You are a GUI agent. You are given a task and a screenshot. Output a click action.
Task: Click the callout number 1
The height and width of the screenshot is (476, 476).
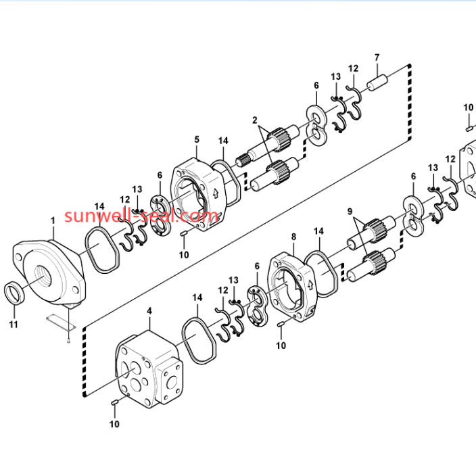click(x=53, y=220)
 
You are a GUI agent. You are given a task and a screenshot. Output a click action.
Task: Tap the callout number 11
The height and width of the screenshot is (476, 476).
click(x=14, y=325)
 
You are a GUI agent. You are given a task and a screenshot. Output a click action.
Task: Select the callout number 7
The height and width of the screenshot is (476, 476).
click(x=377, y=57)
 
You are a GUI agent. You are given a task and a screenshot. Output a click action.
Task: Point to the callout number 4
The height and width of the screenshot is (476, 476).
click(x=149, y=311)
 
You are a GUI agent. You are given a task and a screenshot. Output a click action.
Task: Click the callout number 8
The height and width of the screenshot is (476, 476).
click(x=293, y=237)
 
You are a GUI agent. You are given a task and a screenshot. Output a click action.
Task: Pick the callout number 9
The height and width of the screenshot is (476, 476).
click(x=350, y=211)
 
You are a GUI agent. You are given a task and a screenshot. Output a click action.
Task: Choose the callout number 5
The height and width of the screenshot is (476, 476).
click(x=197, y=139)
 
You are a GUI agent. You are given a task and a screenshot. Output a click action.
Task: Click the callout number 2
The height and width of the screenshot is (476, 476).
click(x=254, y=120)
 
